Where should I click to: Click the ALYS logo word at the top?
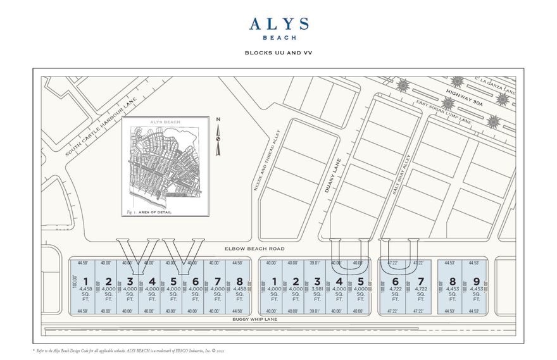click(x=278, y=24)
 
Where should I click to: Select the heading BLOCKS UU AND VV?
click(x=278, y=53)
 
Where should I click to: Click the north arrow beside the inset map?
click(x=218, y=136)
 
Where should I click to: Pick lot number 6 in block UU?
click(x=396, y=281)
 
